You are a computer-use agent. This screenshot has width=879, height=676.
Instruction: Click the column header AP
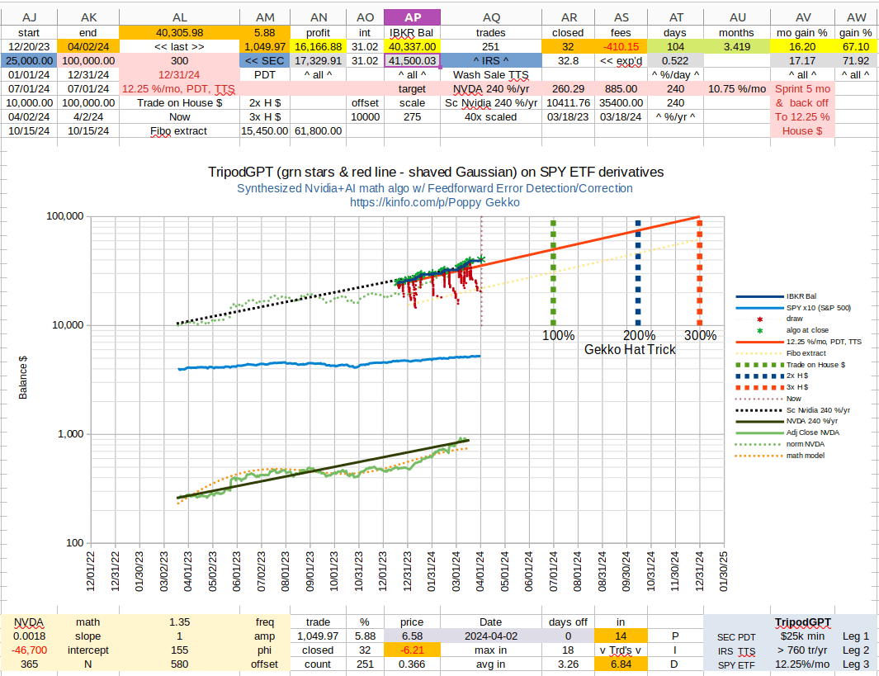click(x=410, y=17)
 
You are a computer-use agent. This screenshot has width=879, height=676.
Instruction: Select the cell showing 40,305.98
click(x=178, y=32)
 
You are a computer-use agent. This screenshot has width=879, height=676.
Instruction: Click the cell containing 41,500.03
click(x=410, y=60)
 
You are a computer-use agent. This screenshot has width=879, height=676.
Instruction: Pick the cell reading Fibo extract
click(x=178, y=130)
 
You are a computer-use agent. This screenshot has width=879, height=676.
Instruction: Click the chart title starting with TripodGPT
click(x=435, y=172)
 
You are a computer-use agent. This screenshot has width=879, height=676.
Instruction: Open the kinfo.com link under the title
click(x=435, y=201)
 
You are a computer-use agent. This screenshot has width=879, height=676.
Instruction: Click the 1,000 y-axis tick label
click(x=69, y=434)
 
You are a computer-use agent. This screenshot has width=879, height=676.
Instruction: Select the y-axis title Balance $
click(x=24, y=378)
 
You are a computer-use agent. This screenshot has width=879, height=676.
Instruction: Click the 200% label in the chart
click(x=639, y=335)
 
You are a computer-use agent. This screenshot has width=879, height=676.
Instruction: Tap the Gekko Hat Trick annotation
click(x=630, y=349)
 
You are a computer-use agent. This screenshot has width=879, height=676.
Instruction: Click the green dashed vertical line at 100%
click(x=553, y=272)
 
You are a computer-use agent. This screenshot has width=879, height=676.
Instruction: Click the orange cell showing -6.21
click(x=410, y=650)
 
